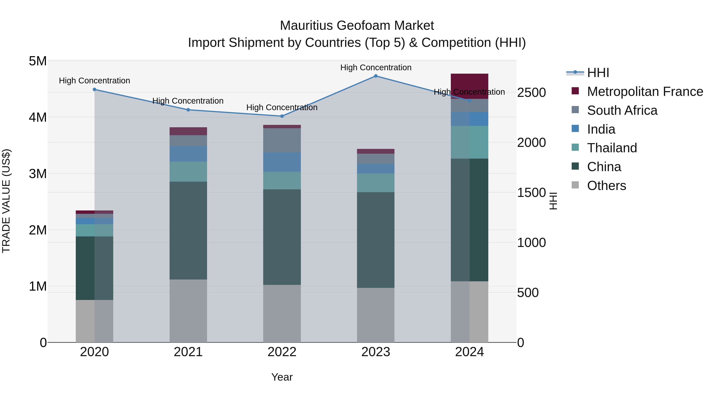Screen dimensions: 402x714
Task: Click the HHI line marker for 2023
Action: pos(376,76)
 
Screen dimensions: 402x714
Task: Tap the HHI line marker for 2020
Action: pos(95,90)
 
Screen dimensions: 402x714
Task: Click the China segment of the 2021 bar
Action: pos(188,230)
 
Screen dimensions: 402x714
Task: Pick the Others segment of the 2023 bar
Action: pos(376,315)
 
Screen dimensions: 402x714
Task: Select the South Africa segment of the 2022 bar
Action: pos(282,140)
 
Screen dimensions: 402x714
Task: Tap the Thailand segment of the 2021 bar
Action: pos(188,172)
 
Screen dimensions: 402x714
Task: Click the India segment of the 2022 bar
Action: pos(282,162)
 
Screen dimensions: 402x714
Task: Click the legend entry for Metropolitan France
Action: pos(645,92)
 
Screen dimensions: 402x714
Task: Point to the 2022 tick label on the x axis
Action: pos(282,352)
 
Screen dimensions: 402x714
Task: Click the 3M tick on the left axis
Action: pos(38,174)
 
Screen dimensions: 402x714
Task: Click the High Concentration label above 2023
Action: pos(376,67)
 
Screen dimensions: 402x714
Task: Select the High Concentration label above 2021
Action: pos(188,101)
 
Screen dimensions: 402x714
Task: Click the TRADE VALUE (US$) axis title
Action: pos(6,201)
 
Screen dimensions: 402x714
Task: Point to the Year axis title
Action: pos(282,377)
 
